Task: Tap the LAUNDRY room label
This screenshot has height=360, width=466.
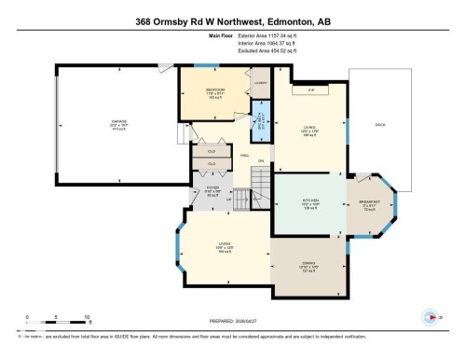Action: [260, 83]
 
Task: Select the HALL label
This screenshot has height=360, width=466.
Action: [243, 154]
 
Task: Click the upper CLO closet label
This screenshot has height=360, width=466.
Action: [212, 149]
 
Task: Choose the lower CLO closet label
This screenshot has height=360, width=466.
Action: [211, 163]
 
